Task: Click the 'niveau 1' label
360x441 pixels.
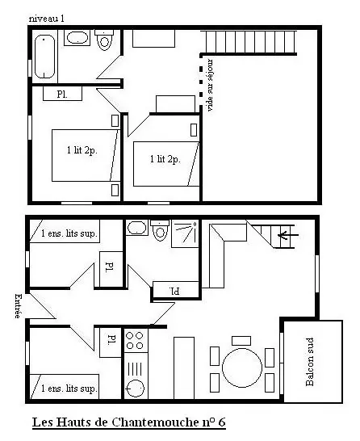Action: pyautogui.click(x=46, y=19)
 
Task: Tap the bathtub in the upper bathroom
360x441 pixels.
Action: pyautogui.click(x=44, y=57)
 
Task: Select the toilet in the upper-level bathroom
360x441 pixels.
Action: pyautogui.click(x=104, y=40)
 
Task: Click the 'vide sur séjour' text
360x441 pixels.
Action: pyautogui.click(x=209, y=85)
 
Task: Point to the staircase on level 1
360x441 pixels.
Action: pyautogui.click(x=249, y=42)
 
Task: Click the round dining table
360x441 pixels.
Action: pyautogui.click(x=242, y=367)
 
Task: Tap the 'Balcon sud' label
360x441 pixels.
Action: pyautogui.click(x=309, y=362)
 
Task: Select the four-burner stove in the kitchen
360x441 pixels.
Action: pyautogui.click(x=135, y=340)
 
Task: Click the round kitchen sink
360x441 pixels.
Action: pyautogui.click(x=135, y=388)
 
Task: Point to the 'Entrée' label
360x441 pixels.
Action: pyautogui.click(x=18, y=306)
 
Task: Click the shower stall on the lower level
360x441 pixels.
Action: pyautogui.click(x=185, y=233)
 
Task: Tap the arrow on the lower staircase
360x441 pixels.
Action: pyautogui.click(x=288, y=234)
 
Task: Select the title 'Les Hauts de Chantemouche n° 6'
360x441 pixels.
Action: pyautogui.click(x=129, y=422)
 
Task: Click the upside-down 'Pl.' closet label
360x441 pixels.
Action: pyautogui.click(x=174, y=291)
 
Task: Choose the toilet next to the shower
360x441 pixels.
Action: pyautogui.click(x=160, y=231)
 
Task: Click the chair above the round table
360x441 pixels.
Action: pyautogui.click(x=241, y=341)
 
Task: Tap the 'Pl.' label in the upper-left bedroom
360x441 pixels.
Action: pyautogui.click(x=62, y=94)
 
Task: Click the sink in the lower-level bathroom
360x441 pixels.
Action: pyautogui.click(x=136, y=228)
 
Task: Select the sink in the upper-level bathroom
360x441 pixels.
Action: pyautogui.click(x=77, y=38)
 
